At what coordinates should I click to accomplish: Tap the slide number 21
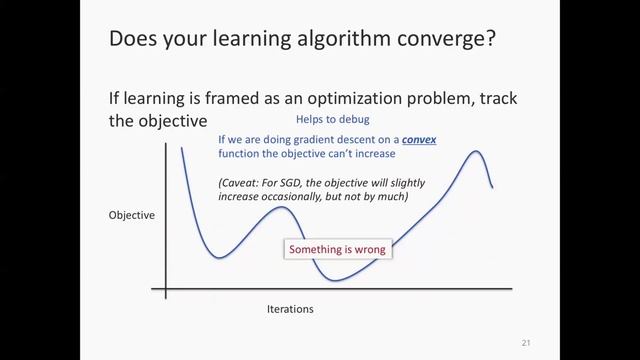click(526, 343)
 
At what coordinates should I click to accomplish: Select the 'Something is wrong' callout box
click(336, 249)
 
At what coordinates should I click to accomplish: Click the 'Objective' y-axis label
click(132, 215)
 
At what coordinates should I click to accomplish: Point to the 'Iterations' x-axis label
click(290, 309)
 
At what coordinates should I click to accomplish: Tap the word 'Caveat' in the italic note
click(241, 183)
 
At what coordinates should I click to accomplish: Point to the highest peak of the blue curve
click(477, 152)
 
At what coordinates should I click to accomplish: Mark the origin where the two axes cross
click(166, 290)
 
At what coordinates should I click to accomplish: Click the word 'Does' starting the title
click(133, 39)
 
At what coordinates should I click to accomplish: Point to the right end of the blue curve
click(492, 187)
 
